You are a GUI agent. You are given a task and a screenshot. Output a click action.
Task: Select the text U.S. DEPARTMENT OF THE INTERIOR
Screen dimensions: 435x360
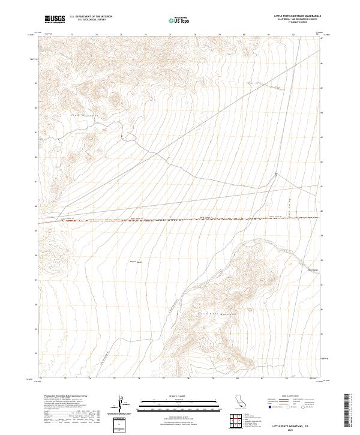click(x=91, y=17)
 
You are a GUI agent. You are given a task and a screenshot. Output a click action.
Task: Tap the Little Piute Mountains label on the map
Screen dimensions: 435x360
click(x=214, y=313)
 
